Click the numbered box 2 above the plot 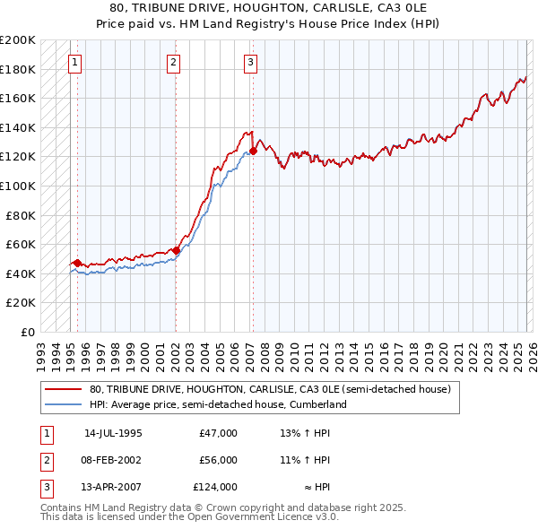click(173, 62)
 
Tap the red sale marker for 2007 click(253, 152)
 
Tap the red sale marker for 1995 click(78, 264)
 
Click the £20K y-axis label click(21, 303)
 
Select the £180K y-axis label click(18, 69)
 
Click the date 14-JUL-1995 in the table click(113, 433)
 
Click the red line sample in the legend click(64, 390)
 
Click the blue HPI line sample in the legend click(64, 405)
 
